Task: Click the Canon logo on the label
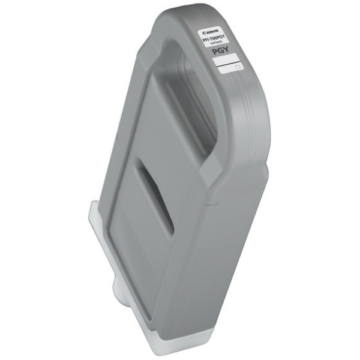212,31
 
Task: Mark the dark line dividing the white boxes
228,64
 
